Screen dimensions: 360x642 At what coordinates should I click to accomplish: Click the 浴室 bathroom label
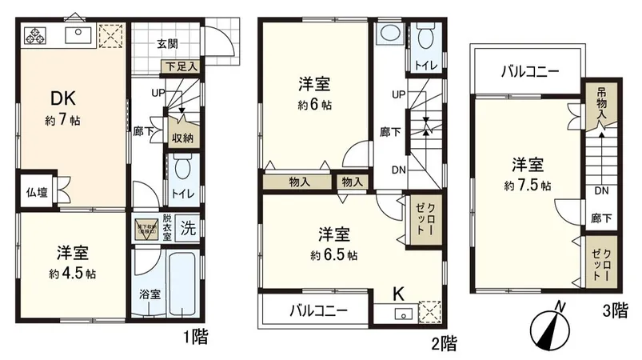(x=150, y=294)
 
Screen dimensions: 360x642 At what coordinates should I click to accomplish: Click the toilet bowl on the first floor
(x=183, y=170)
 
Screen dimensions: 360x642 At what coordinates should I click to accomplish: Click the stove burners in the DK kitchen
(x=37, y=34)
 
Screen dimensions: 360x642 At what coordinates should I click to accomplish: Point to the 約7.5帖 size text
(x=528, y=186)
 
